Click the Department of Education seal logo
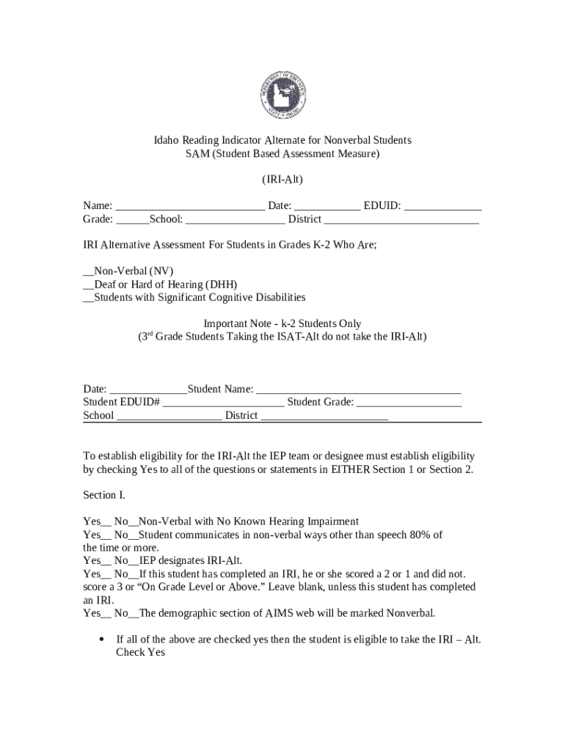pyautogui.click(x=282, y=96)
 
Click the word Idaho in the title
pyautogui.click(x=167, y=140)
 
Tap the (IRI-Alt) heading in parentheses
pyautogui.click(x=282, y=180)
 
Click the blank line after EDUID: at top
pyautogui.click(x=442, y=206)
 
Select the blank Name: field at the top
pyautogui.click(x=190, y=206)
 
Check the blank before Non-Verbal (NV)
pyautogui.click(x=88, y=271)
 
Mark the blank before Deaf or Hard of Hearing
pyautogui.click(x=88, y=285)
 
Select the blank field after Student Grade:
pyautogui.click(x=409, y=403)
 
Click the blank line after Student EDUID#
pyautogui.click(x=223, y=403)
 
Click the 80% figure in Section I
pyautogui.click(x=412, y=535)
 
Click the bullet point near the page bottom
pyautogui.click(x=101, y=639)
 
